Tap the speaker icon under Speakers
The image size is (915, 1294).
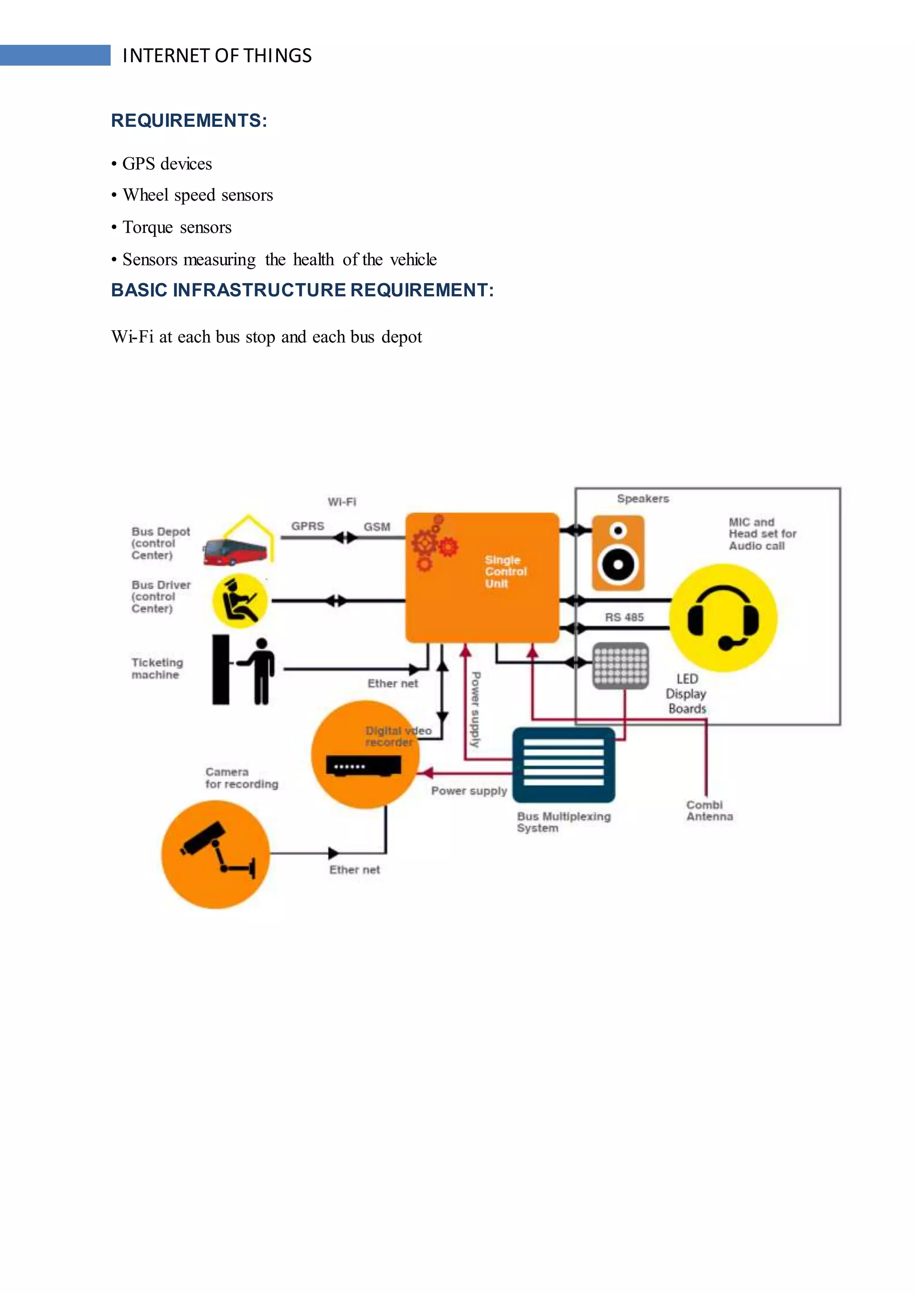click(x=617, y=553)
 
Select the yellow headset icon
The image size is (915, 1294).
click(x=723, y=618)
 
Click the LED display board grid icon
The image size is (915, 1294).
click(x=620, y=666)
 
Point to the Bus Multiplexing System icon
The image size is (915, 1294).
click(x=563, y=765)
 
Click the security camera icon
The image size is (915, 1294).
click(x=215, y=854)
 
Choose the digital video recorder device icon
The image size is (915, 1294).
click(x=364, y=765)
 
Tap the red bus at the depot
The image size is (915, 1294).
click(x=235, y=551)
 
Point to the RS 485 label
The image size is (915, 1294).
click(x=624, y=617)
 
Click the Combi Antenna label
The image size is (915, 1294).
click(x=709, y=811)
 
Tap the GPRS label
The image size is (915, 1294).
click(x=308, y=526)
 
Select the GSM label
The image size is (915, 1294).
click(x=376, y=526)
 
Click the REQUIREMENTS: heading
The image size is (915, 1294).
click(x=189, y=121)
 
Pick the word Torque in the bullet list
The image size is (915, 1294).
click(x=147, y=227)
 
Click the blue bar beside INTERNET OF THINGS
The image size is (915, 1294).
click(x=55, y=55)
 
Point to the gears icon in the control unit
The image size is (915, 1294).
click(x=434, y=543)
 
